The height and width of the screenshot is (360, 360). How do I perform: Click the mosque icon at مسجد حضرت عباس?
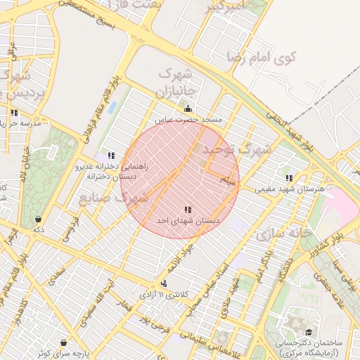(188, 109)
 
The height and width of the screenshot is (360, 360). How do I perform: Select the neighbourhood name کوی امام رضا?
(263, 56)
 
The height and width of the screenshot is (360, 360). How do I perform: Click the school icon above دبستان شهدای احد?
(187, 210)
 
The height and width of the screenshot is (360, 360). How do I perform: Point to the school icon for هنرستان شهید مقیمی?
(288, 178)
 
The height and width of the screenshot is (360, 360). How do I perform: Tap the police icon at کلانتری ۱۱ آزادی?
(164, 283)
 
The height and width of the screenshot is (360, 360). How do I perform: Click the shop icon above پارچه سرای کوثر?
(64, 342)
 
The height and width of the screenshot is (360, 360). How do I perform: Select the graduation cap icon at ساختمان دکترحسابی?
(308, 332)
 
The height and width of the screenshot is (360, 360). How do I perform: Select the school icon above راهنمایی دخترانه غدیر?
(111, 155)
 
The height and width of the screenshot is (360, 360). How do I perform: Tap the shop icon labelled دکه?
(38, 219)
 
